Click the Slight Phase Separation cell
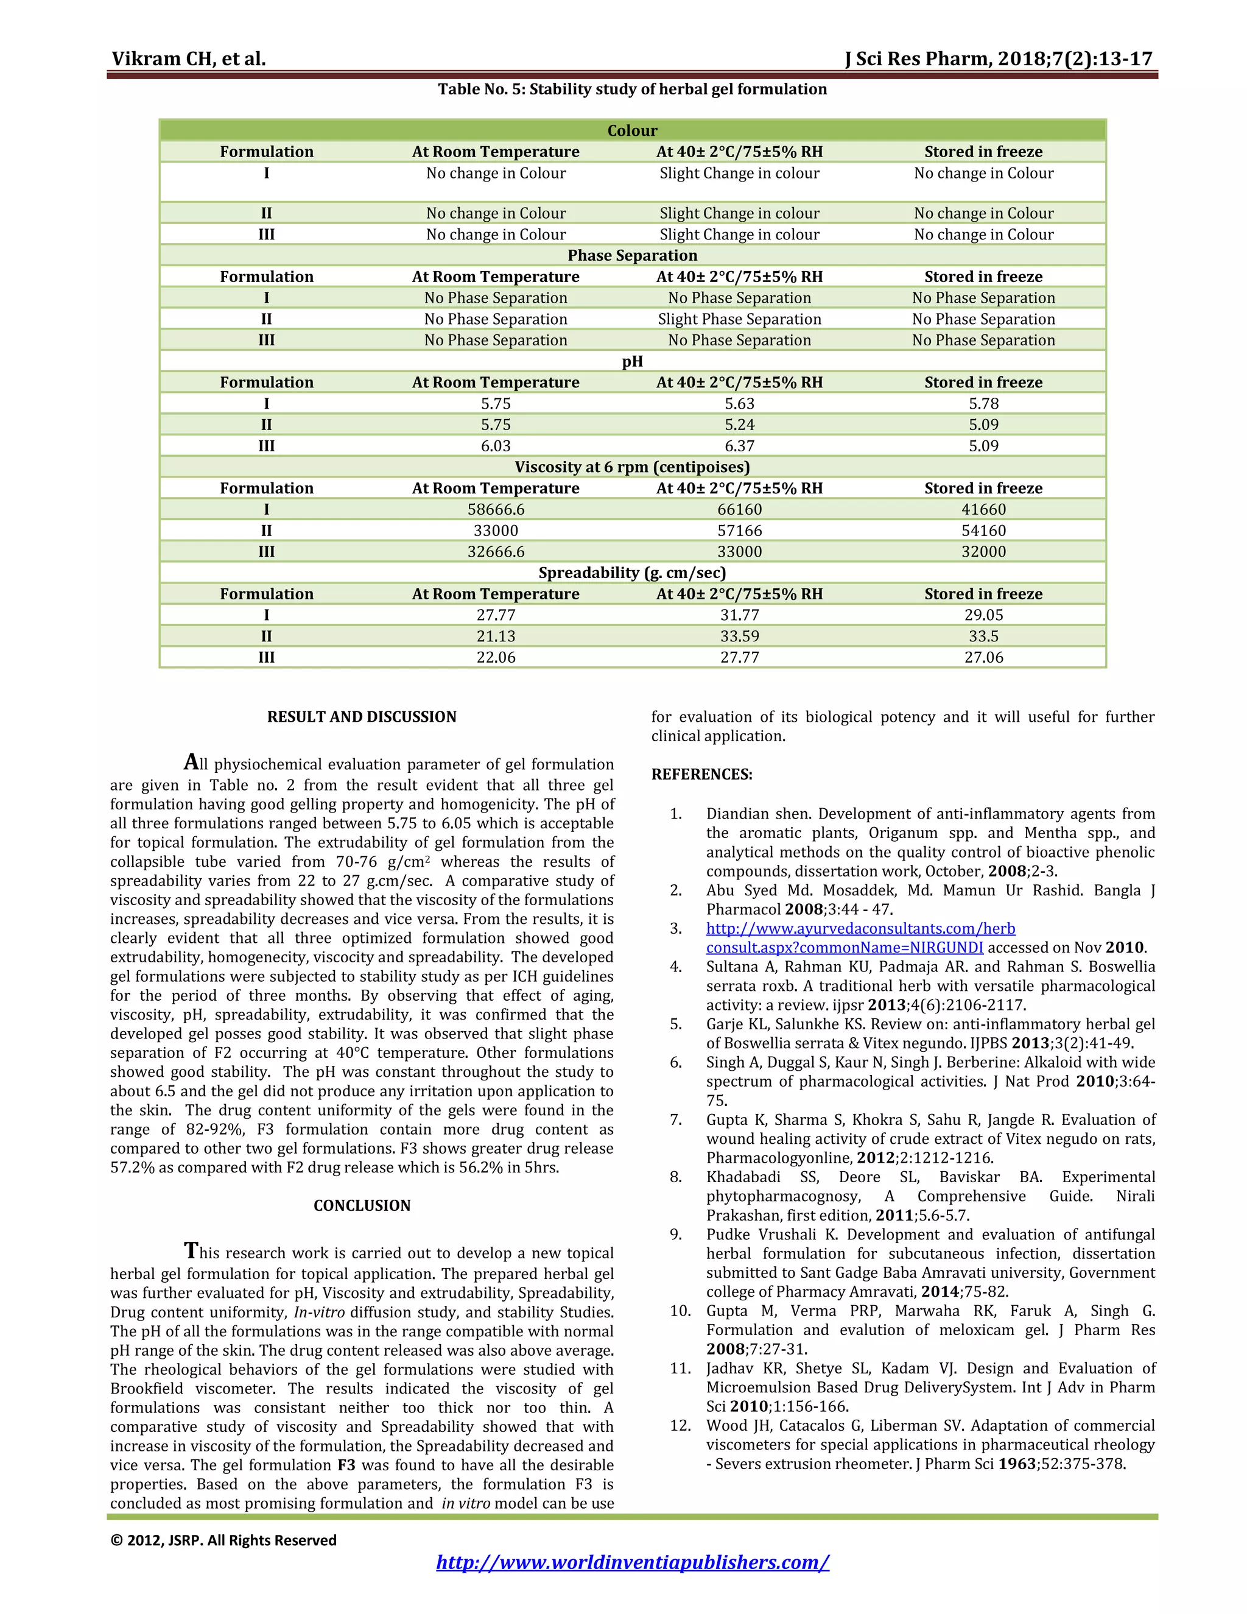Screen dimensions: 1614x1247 (739, 319)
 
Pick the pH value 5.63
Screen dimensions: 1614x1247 (739, 403)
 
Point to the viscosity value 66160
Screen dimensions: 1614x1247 (739, 509)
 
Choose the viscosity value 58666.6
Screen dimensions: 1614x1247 (496, 509)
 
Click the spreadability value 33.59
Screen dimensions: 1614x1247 (739, 636)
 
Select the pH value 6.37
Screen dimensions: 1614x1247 (739, 446)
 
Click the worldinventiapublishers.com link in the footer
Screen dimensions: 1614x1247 (633, 1562)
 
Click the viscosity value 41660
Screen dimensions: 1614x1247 (983, 509)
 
